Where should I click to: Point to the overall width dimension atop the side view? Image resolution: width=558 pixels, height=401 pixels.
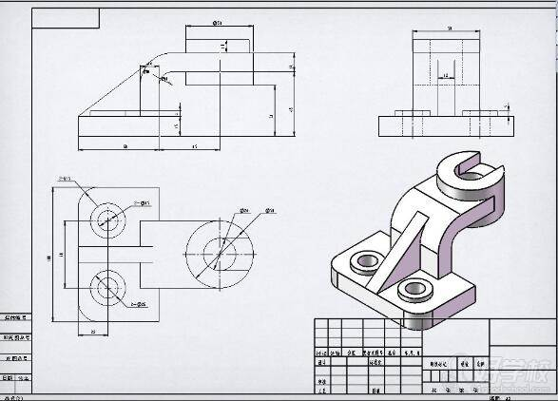[x=448, y=29]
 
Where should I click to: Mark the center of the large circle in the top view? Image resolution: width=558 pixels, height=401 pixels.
[x=220, y=253]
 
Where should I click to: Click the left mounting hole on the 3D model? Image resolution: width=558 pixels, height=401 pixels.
[x=364, y=260]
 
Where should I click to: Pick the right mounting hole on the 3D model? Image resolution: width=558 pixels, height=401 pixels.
[x=415, y=289]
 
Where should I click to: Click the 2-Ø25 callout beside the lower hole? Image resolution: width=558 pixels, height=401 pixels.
[x=139, y=304]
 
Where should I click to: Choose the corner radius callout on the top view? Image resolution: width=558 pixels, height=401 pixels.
[x=65, y=178]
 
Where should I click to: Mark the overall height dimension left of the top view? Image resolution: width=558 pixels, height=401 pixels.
[x=48, y=255]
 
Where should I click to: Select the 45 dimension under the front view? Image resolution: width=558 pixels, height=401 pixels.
[x=195, y=147]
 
